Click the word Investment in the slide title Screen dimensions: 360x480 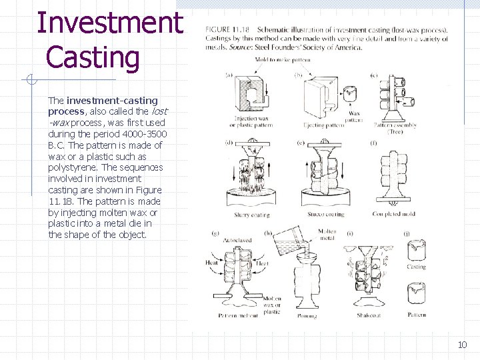[109, 22]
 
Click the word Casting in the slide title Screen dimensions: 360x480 [93, 57]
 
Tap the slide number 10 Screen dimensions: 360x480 [462, 344]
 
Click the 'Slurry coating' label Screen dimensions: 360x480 [251, 215]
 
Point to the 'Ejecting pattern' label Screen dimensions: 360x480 [323, 125]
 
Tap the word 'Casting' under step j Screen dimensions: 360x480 [417, 267]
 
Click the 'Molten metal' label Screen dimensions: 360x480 [327, 235]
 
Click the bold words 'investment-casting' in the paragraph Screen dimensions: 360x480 [112, 100]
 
